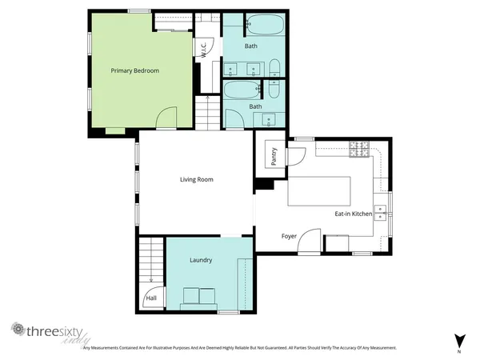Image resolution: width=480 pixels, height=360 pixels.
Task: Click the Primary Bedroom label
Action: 134,71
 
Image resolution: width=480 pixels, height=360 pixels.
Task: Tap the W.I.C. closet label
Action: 204,49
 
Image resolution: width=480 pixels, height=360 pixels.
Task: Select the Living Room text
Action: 196,179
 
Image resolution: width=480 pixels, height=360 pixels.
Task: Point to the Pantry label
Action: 274,156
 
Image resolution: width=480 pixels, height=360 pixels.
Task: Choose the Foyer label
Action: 290,236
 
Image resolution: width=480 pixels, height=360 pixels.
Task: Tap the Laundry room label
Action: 201,260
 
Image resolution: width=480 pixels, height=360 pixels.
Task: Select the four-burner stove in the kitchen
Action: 358,149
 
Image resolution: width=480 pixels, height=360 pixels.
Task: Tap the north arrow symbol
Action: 458,340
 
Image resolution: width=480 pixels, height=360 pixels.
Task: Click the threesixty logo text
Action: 54,330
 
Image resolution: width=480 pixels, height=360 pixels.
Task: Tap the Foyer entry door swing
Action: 310,241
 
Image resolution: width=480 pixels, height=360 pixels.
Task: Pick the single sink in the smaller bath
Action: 268,120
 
